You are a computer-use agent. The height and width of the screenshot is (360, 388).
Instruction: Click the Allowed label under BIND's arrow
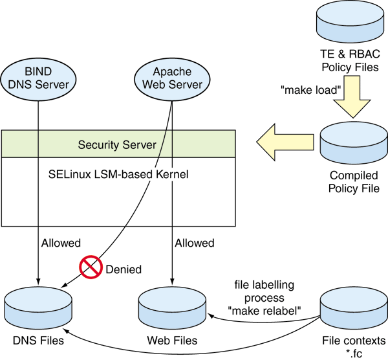(x=61, y=243)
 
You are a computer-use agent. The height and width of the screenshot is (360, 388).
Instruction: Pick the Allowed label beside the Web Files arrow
(x=195, y=243)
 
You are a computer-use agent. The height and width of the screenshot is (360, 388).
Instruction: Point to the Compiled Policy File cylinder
(x=353, y=143)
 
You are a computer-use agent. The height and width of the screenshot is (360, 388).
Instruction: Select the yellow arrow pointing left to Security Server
(x=284, y=142)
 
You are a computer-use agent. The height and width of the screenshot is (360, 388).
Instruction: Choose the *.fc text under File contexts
(x=353, y=353)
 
